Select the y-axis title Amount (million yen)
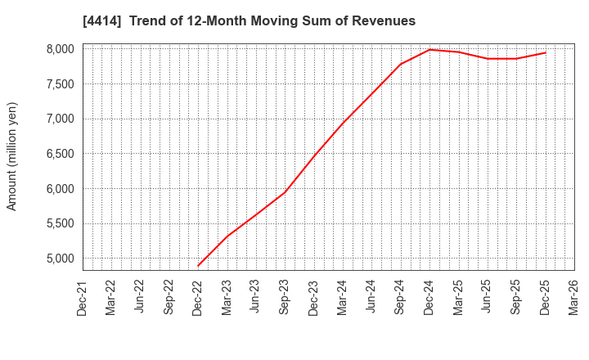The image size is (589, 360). (12, 156)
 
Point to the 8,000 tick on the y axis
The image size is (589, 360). (60, 49)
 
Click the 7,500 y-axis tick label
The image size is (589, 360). (60, 84)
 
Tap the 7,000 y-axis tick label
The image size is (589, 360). (60, 119)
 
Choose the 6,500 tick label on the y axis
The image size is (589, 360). (60, 154)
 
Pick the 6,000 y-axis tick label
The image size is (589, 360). (60, 189)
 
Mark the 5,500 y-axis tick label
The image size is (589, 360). (60, 223)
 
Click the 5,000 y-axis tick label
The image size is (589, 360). (60, 259)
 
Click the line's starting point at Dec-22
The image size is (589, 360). (198, 266)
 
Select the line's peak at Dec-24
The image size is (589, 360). (429, 50)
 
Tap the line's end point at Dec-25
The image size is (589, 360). (546, 53)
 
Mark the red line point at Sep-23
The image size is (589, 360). (285, 192)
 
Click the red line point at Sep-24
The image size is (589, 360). (401, 64)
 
